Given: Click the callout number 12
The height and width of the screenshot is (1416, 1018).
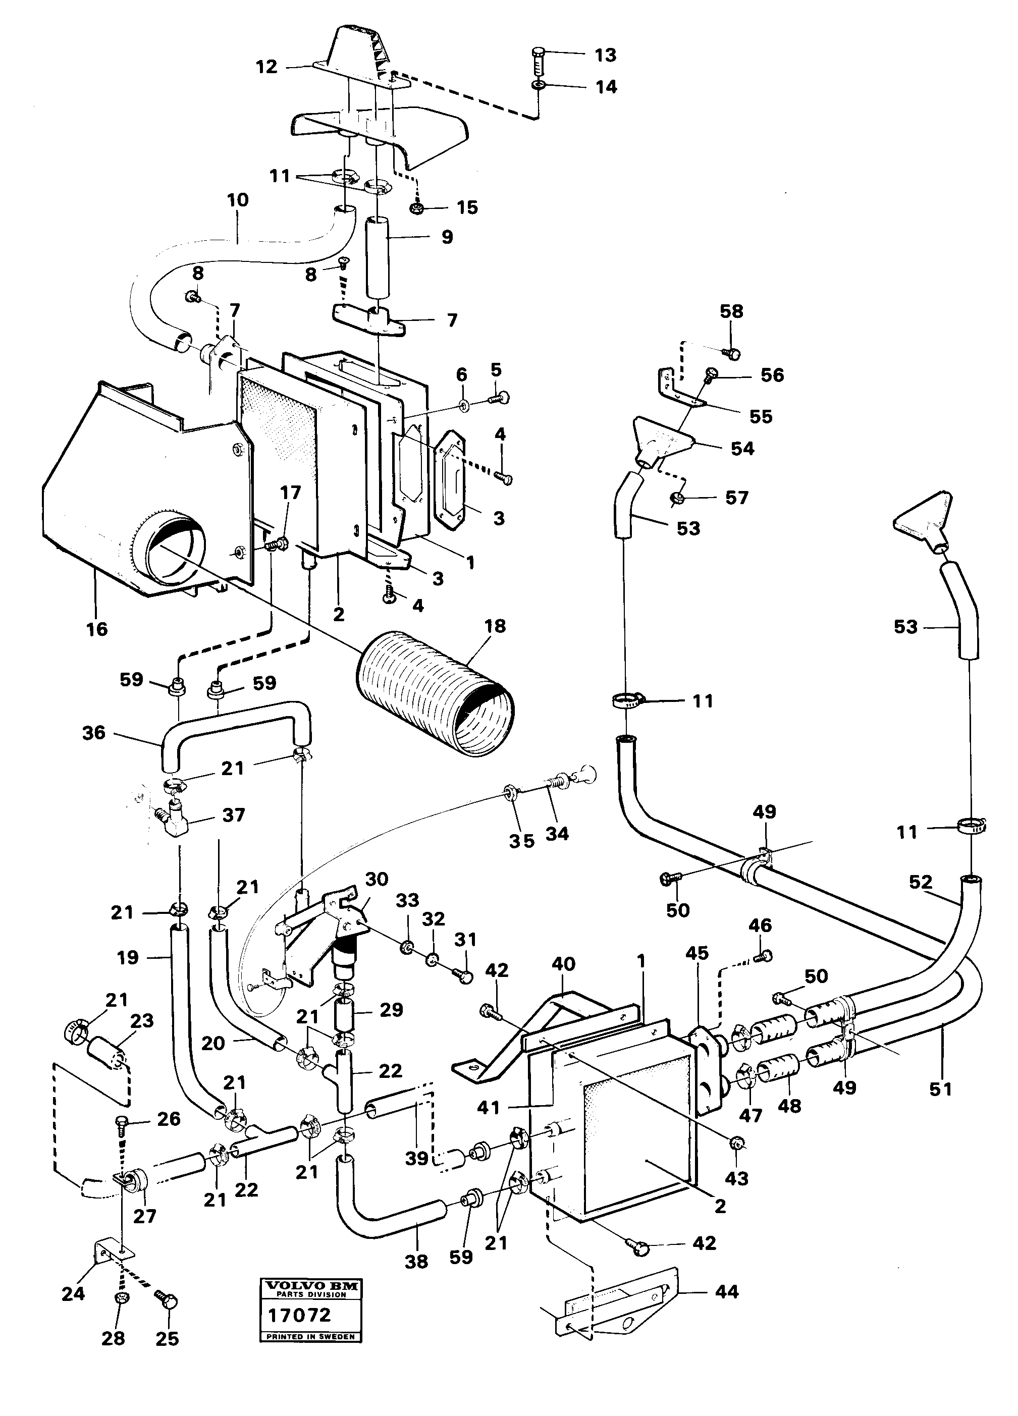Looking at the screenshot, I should [x=266, y=67].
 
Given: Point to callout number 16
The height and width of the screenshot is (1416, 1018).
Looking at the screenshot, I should [x=97, y=629].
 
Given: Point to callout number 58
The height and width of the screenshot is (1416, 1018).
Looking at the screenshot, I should [x=731, y=311].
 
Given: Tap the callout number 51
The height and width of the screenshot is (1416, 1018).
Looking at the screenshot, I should [x=940, y=1090].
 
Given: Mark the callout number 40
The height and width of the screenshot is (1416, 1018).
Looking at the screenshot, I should [x=563, y=964].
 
